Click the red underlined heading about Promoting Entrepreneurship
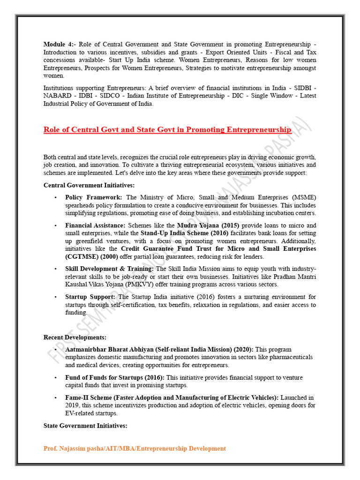(167, 129)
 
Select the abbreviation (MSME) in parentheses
(303, 198)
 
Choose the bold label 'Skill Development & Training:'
(109, 269)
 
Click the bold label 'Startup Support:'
(90, 297)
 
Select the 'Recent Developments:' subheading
(75, 337)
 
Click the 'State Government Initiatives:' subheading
(85, 426)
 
